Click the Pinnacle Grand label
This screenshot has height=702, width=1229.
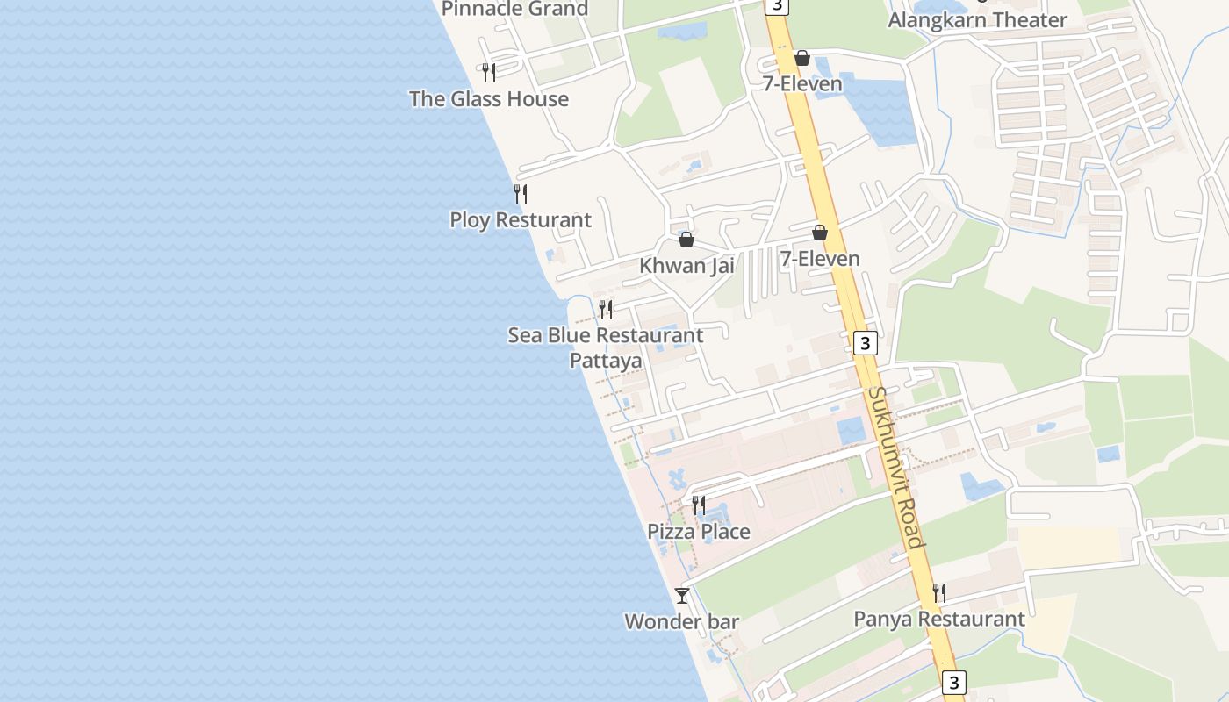coord(514,9)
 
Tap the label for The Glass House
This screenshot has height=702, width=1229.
coord(489,99)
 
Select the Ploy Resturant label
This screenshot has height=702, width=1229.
coord(521,220)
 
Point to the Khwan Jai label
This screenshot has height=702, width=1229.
coord(686,266)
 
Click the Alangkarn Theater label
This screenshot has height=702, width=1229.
coord(978,20)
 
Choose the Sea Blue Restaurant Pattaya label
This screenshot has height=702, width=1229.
coord(606,347)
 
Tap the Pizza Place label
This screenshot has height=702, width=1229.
coord(699,532)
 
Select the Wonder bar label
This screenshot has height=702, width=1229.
coord(682,622)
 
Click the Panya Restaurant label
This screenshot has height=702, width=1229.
coord(939,620)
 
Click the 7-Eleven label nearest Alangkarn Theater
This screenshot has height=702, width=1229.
coord(802,84)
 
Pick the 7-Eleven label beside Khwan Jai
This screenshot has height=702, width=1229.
coord(820,259)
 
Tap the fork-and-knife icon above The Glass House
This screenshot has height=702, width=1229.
coord(489,72)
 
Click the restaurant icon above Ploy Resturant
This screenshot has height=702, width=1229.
coord(521,193)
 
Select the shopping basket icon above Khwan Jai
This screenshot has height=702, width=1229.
coord(686,240)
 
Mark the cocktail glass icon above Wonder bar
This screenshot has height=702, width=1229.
coord(682,596)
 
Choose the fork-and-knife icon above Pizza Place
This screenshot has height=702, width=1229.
coord(699,505)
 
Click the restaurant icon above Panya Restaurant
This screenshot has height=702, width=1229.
coord(939,592)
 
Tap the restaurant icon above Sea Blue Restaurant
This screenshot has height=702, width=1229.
coord(606,309)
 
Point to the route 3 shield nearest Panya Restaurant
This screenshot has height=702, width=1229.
coord(953,682)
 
